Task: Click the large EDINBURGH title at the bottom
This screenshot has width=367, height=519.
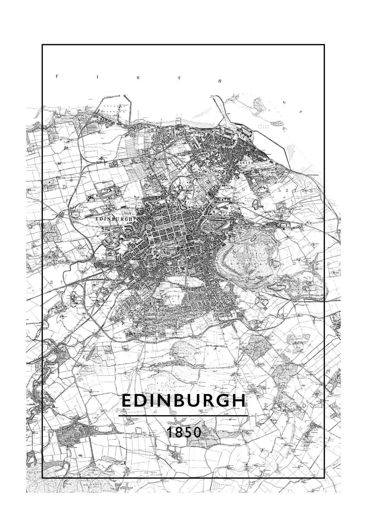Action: coord(183,401)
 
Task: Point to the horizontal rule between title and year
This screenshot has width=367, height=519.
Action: coord(183,415)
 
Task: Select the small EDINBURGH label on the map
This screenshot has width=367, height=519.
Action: coord(114,219)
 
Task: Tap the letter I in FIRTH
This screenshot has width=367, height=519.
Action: coord(98,77)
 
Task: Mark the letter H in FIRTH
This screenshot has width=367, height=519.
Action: coord(220,81)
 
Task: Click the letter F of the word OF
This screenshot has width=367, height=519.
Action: coord(300,111)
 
